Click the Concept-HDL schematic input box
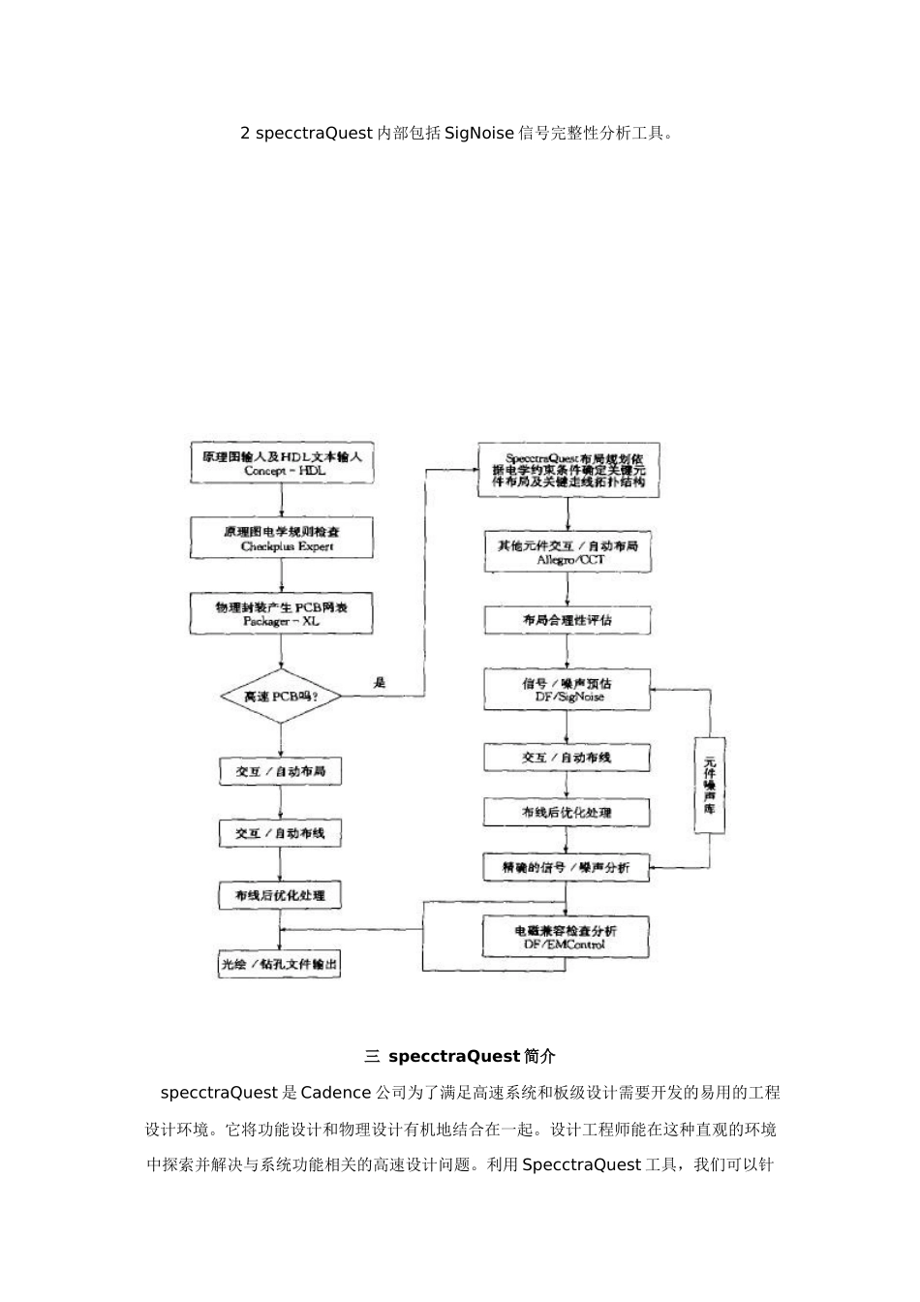pos(282,463)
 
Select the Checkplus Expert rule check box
pos(280,539)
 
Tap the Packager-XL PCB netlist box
pos(280,614)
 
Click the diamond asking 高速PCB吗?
pos(280,696)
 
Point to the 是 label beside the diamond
pos(380,682)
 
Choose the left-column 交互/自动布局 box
pos(280,772)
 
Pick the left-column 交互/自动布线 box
pos(280,833)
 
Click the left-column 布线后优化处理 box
pos(280,896)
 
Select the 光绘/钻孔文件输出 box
pos(280,965)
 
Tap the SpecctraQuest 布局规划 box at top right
pos(569,470)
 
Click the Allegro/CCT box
pos(568,552)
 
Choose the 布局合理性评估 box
pos(567,620)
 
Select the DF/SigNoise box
pos(567,689)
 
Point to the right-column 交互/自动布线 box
pos(567,758)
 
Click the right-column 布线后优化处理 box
pos(567,812)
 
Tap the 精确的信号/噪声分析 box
pos(567,868)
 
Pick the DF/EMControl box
pos(567,937)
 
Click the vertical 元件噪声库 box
pos(710,785)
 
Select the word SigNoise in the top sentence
pos(479,134)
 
